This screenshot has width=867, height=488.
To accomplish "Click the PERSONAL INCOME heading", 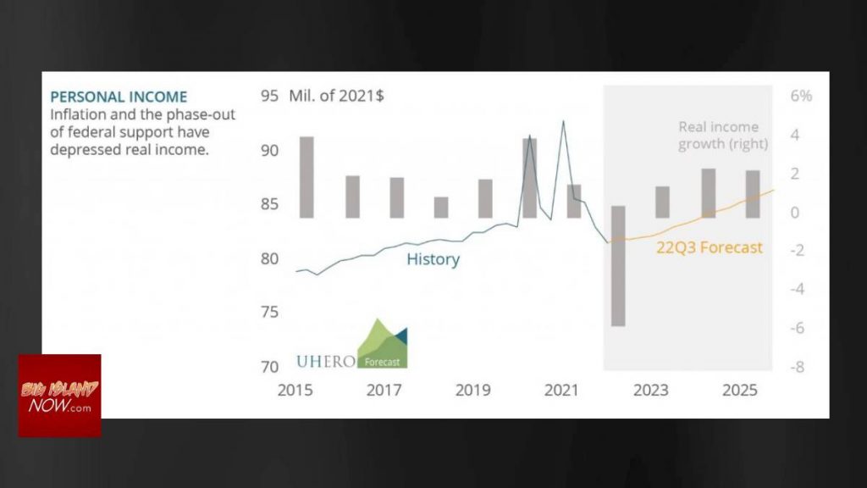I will [x=119, y=97].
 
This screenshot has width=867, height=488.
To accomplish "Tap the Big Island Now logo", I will [x=60, y=396].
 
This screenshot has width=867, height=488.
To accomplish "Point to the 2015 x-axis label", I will [x=295, y=390].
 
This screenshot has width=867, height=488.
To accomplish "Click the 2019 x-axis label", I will [x=472, y=390].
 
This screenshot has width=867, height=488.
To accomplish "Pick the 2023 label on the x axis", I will [x=650, y=390].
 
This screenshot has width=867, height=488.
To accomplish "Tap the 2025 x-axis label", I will [x=739, y=390].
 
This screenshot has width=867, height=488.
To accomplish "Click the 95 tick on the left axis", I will [x=269, y=96].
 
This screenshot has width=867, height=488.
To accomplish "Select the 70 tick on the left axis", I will [x=269, y=367].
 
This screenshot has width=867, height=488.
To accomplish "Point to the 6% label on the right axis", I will [x=801, y=96].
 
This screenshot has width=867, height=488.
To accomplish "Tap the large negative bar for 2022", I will [x=618, y=266].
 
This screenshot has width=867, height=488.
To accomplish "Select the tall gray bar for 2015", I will [x=306, y=176].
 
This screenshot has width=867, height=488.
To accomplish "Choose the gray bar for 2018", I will [x=441, y=208].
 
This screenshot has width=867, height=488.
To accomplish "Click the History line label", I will [x=433, y=259].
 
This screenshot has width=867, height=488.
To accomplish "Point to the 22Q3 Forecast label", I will [x=710, y=247].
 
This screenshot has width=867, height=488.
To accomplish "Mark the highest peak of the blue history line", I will [x=563, y=122].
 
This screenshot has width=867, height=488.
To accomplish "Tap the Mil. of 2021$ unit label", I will [x=336, y=96].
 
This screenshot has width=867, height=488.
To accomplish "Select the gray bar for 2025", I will [x=752, y=194].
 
